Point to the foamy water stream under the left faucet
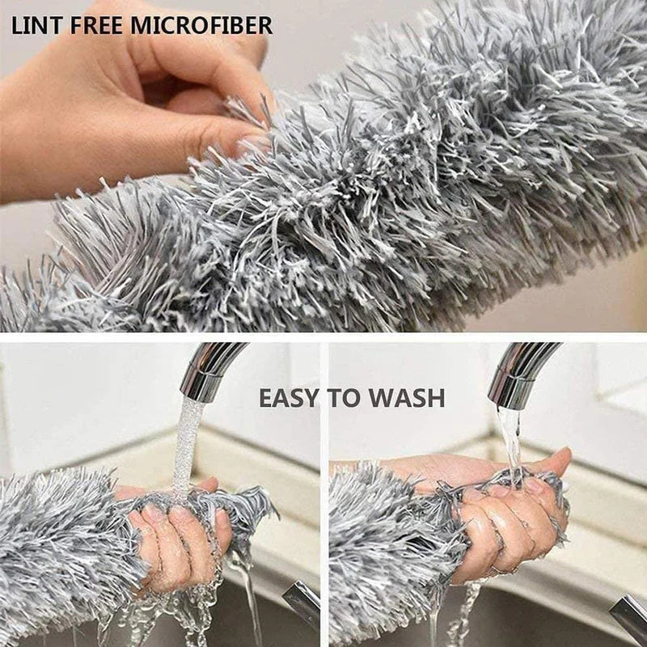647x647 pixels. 188,441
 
